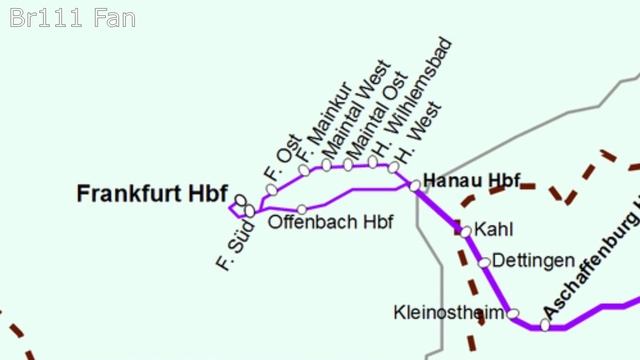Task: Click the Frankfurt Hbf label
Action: pos(152,194)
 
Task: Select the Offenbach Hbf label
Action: pos(331,220)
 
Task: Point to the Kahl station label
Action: pos(494,230)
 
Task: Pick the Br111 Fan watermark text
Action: pos(71,18)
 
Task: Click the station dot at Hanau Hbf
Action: pos(415,185)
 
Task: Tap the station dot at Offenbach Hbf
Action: pos(302,209)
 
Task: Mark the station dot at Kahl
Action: pos(465,231)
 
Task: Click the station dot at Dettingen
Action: pos(484,262)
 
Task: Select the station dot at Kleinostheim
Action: pos(513,314)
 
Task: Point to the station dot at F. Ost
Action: pos(272,189)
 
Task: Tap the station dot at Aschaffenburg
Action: pos(545,324)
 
